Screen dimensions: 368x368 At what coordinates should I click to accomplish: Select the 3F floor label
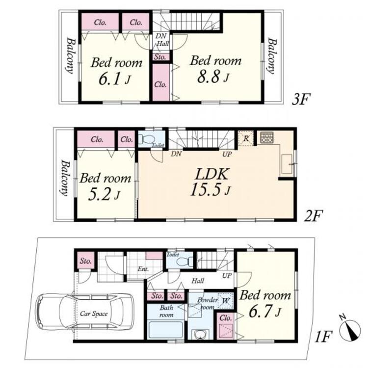pyautogui.click(x=301, y=100)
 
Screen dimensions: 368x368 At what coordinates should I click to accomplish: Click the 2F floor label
pyautogui.click(x=314, y=216)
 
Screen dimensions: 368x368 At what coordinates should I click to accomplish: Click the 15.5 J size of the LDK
pyautogui.click(x=210, y=189)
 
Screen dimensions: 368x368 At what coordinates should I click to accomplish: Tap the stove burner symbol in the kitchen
pyautogui.click(x=267, y=138)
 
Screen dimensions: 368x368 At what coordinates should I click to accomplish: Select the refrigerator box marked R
pyautogui.click(x=246, y=138)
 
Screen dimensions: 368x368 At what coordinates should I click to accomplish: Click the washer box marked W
pyautogui.click(x=225, y=301)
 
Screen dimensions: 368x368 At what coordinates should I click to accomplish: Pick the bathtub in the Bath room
pyautogui.click(x=166, y=330)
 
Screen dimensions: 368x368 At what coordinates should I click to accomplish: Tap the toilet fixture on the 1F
pyautogui.click(x=184, y=262)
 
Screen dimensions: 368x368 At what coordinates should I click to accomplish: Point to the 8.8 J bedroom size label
pyautogui.click(x=213, y=77)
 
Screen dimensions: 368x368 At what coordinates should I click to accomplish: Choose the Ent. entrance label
pyautogui.click(x=143, y=269)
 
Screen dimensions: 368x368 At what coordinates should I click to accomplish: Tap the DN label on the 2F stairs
pyautogui.click(x=176, y=154)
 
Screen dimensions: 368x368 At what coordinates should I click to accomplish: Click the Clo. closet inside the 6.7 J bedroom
pyautogui.click(x=226, y=325)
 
